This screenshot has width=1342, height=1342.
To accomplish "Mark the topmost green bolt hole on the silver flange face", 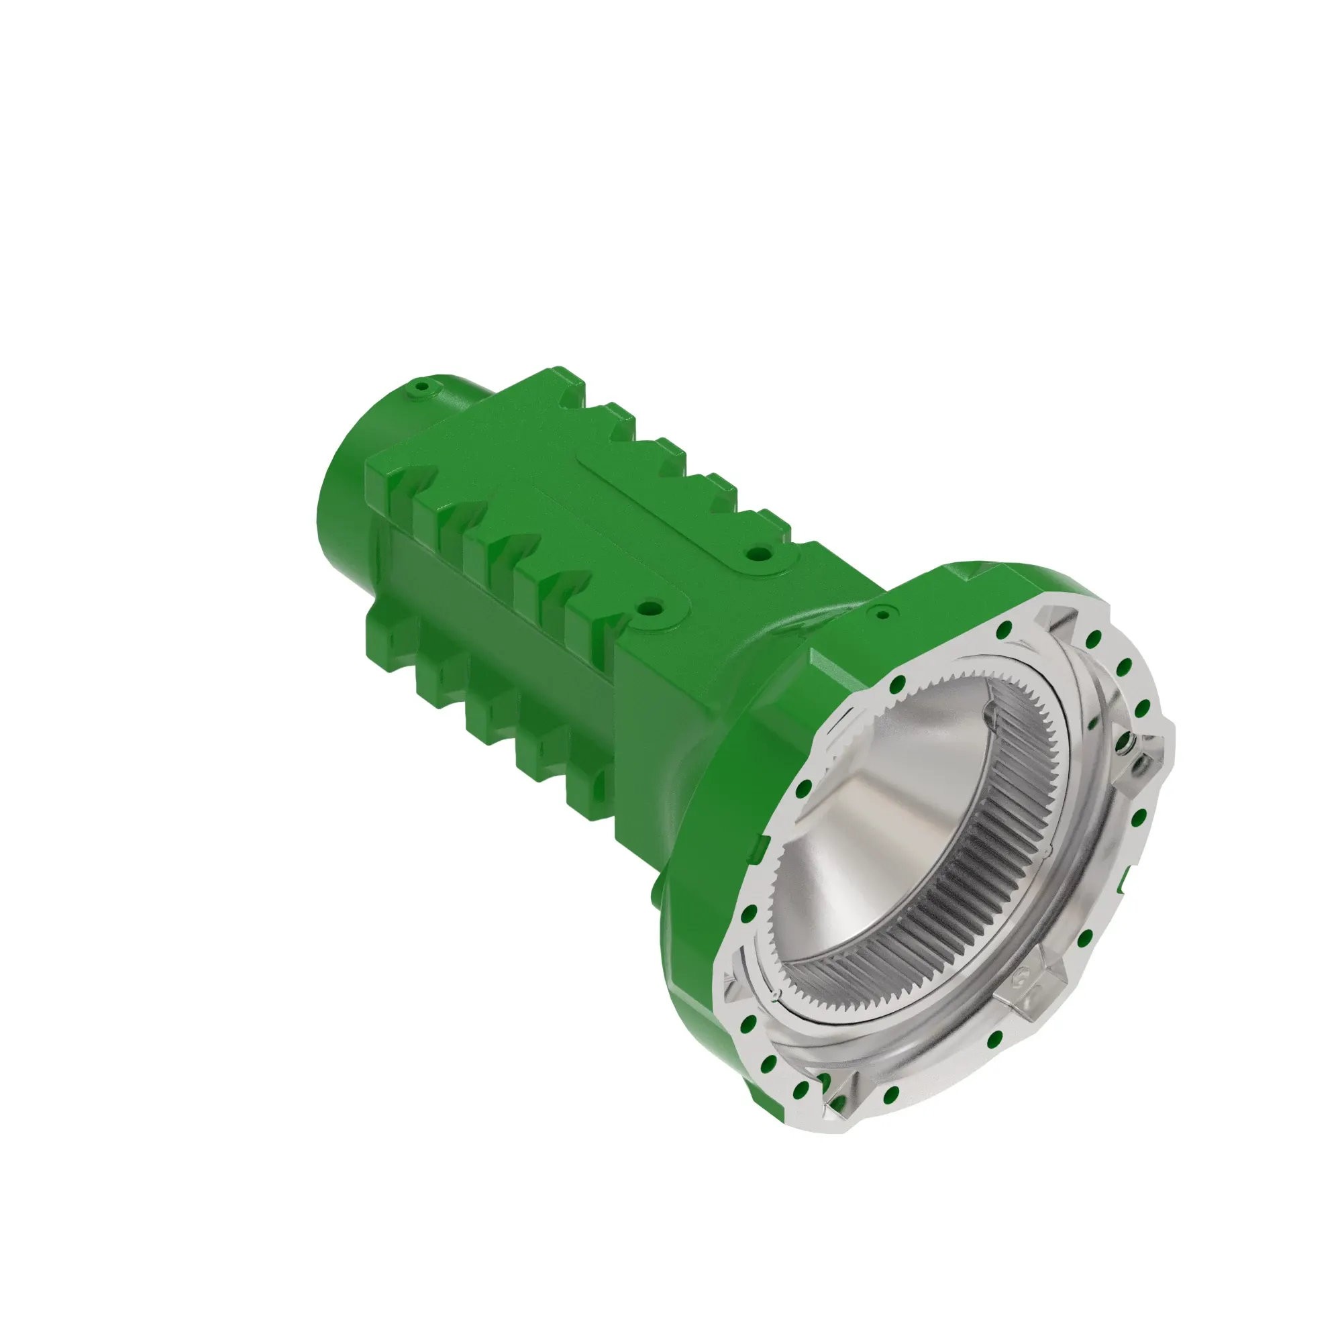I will pos(1002,631).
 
